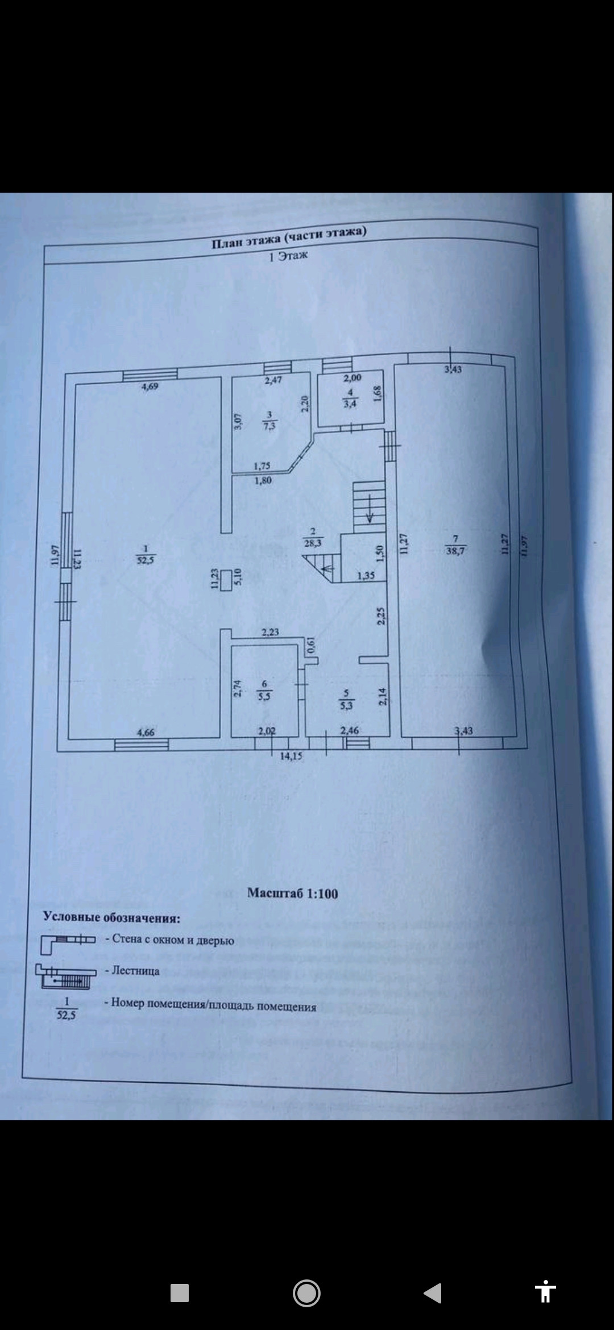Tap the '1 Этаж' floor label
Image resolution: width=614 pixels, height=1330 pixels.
[288, 256]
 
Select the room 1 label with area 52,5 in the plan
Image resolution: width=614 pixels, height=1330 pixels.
[146, 554]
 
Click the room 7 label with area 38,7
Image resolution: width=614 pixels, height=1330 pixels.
[455, 545]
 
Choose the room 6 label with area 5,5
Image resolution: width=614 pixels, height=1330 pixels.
[264, 690]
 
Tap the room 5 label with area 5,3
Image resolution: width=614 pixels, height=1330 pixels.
[346, 700]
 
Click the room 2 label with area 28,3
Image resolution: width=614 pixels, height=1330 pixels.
[313, 538]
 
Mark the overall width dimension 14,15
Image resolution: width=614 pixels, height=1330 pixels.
[291, 757]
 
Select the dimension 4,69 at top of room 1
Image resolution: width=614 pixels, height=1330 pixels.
[150, 386]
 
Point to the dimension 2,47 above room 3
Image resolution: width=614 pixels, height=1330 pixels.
[273, 381]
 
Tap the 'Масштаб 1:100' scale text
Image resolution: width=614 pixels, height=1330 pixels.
[292, 893]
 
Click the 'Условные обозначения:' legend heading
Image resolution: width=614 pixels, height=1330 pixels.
[112, 917]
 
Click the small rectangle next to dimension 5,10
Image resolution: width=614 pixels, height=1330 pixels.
[225, 580]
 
